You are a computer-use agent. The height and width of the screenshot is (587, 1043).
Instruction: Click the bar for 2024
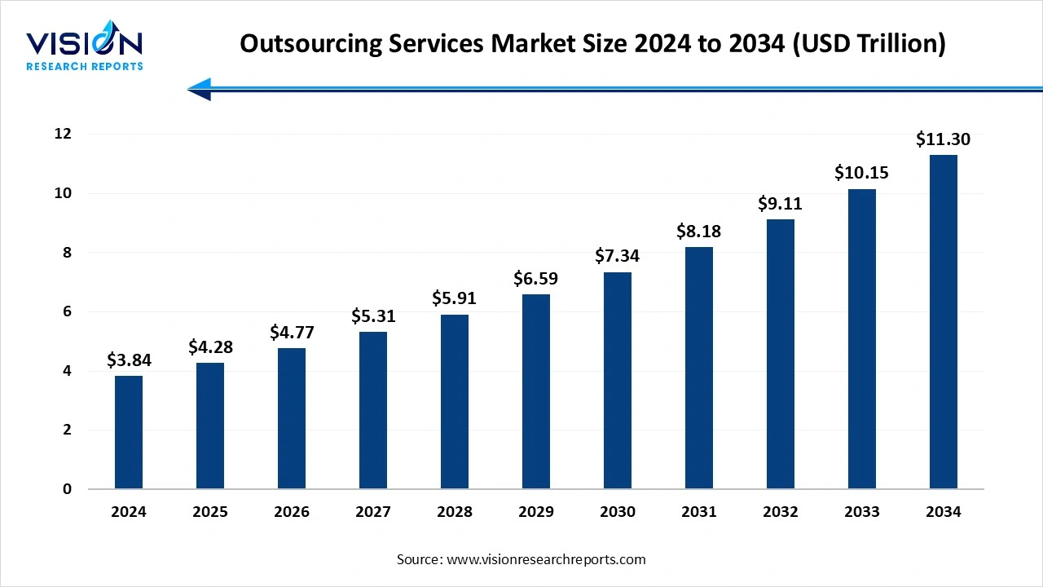[129, 432]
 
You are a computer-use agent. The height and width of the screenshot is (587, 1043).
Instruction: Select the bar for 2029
[536, 391]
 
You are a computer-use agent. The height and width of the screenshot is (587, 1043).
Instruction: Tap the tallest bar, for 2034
[944, 322]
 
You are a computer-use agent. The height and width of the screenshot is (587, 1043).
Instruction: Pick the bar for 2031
[699, 368]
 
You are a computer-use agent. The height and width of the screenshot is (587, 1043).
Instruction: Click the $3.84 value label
[129, 360]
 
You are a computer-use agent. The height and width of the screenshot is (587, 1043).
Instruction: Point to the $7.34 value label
[618, 256]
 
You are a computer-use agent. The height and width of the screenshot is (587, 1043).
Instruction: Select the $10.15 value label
[861, 173]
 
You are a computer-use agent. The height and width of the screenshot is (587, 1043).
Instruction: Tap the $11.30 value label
[943, 139]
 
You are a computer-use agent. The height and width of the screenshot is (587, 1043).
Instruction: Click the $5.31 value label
[373, 316]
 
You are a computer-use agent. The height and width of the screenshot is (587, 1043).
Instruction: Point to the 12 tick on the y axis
[63, 134]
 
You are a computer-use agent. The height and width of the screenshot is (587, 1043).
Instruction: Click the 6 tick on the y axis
[67, 311]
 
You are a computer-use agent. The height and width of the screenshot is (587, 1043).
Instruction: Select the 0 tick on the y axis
[67, 489]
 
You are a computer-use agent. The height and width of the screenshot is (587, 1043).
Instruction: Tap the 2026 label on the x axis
[292, 512]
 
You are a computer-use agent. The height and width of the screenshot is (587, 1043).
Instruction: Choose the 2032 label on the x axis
[781, 512]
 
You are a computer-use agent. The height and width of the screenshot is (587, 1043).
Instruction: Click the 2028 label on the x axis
[455, 512]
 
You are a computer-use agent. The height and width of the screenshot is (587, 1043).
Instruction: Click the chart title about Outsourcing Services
[592, 44]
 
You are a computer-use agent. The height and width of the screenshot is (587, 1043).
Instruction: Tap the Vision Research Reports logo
[85, 49]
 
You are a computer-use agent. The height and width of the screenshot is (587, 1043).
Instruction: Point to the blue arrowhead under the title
[200, 89]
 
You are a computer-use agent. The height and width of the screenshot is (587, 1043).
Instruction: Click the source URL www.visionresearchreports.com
[547, 559]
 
